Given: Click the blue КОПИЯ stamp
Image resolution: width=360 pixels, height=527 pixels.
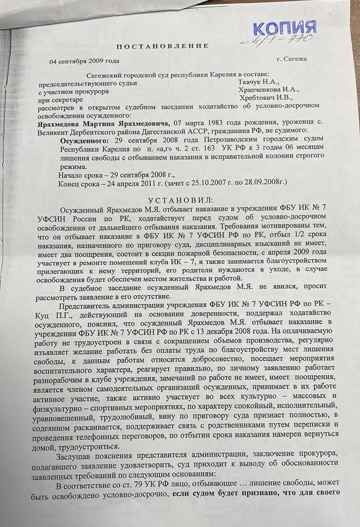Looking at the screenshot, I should click(284, 28).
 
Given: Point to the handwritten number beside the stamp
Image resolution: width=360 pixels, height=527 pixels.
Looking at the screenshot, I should click(288, 40).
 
